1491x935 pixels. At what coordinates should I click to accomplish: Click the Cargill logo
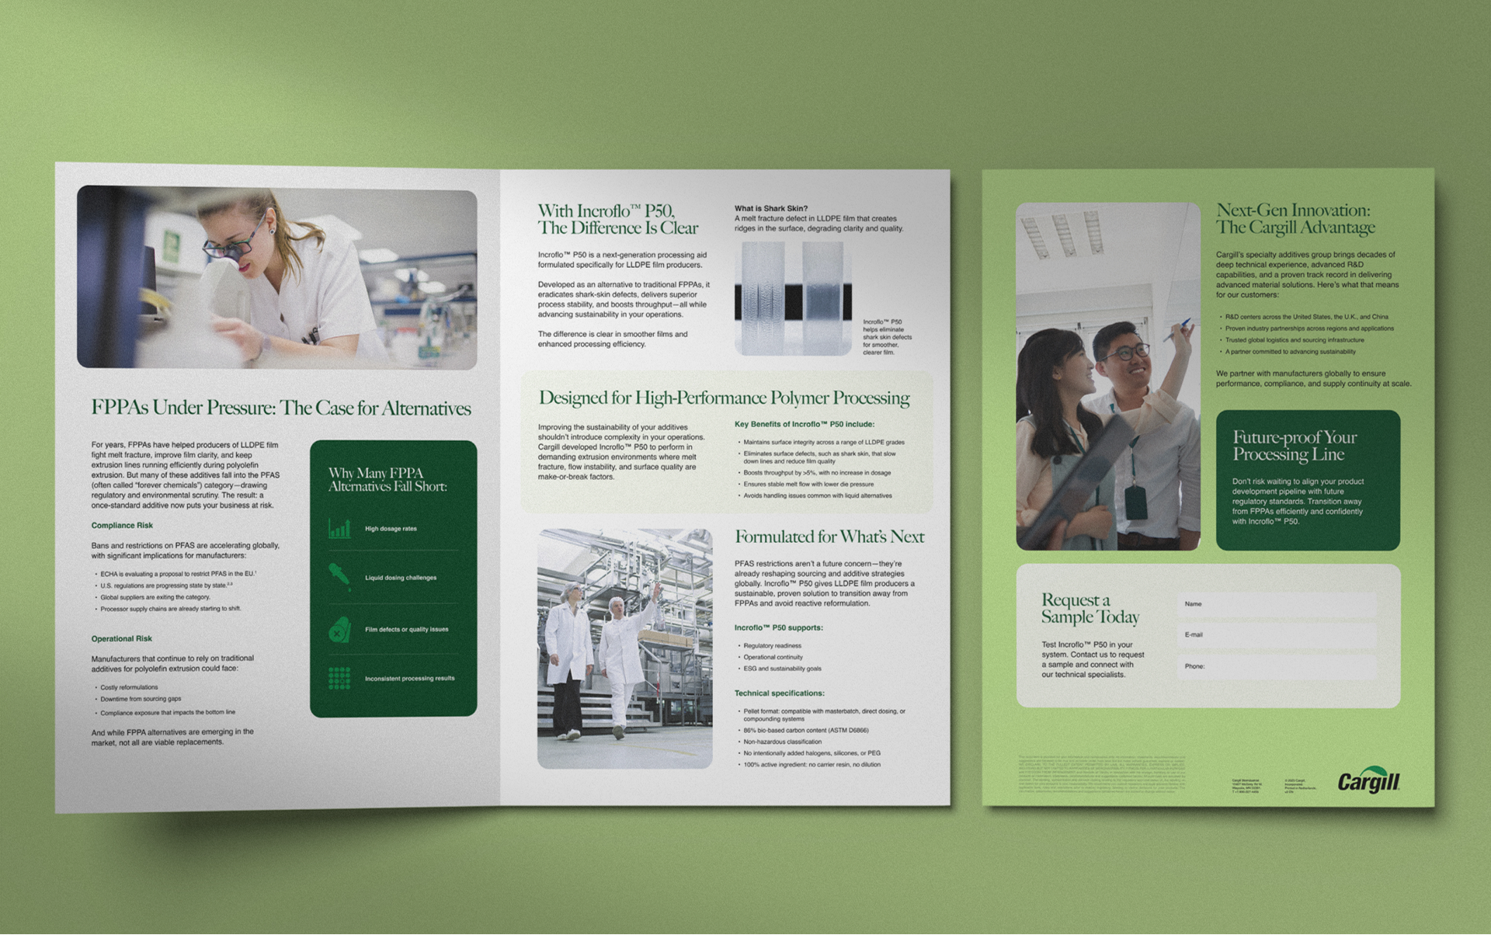(x=1368, y=782)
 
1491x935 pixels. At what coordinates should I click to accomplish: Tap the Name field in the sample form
(x=1276, y=604)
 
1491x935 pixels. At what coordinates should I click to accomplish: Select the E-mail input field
(x=1276, y=635)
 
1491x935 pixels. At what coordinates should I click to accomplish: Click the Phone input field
(x=1276, y=666)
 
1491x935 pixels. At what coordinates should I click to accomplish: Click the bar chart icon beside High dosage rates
(x=339, y=529)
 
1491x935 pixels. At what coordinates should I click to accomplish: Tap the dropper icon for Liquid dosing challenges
(x=339, y=577)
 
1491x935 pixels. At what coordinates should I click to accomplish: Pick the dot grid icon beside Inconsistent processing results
(x=339, y=678)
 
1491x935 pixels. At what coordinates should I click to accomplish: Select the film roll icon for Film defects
(x=339, y=630)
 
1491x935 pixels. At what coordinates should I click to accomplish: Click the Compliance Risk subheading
(x=122, y=526)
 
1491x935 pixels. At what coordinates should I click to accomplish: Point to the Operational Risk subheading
(x=122, y=639)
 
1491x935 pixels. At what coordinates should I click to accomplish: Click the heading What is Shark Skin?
(x=771, y=209)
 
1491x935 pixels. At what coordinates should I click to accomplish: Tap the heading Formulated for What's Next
(x=829, y=537)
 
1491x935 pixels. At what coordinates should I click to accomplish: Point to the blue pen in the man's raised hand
(x=1178, y=329)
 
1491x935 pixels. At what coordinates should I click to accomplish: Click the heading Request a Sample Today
(x=1090, y=609)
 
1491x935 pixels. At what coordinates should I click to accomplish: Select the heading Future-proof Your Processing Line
(x=1295, y=446)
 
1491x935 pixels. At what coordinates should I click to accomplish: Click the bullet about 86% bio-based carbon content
(x=805, y=731)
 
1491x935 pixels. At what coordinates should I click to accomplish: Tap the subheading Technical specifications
(x=779, y=693)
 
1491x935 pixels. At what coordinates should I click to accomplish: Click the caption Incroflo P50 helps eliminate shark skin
(x=887, y=337)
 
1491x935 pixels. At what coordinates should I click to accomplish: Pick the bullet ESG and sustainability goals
(x=782, y=669)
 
